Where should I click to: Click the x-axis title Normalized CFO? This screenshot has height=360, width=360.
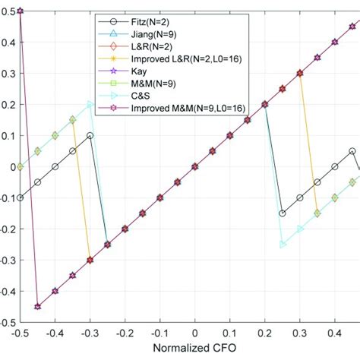194,351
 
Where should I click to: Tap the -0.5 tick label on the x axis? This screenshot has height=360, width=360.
20,333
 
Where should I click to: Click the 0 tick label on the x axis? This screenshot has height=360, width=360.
194,333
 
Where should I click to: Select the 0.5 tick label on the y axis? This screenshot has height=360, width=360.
8,11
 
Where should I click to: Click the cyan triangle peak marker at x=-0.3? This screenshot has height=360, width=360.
90,104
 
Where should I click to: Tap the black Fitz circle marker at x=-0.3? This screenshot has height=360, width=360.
90,135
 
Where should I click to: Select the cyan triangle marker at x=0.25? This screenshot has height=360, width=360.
283,245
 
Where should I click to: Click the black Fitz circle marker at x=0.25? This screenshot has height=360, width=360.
283,213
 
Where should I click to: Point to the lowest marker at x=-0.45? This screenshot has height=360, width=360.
37,307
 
